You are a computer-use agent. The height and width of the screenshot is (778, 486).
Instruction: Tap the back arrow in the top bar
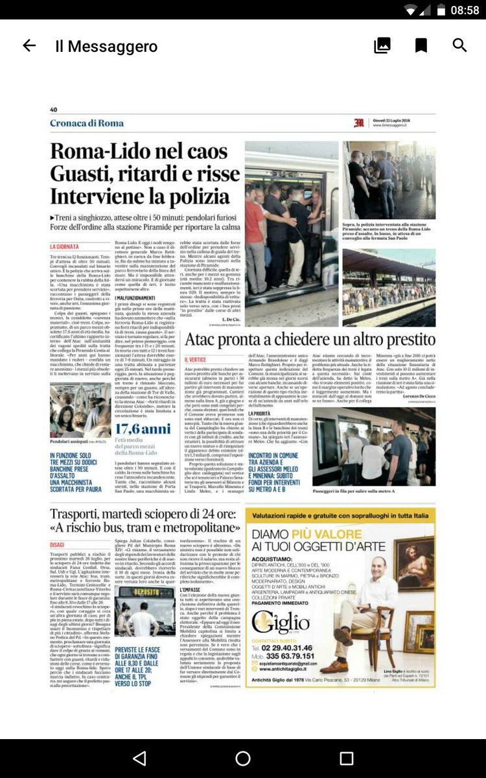(x=29, y=45)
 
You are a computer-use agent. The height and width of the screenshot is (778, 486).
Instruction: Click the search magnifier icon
(x=459, y=45)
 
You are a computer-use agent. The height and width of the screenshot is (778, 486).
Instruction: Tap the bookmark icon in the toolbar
(x=421, y=45)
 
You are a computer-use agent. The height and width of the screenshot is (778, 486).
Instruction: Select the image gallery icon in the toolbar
(x=382, y=45)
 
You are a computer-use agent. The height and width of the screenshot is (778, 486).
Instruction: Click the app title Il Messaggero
(x=106, y=46)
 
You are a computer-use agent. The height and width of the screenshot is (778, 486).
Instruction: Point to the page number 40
(x=53, y=110)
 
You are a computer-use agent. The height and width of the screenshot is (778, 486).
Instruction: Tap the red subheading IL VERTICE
(x=196, y=360)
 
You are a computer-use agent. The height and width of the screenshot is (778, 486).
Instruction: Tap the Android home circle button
(x=243, y=759)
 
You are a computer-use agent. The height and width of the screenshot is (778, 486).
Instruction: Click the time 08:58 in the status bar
(x=464, y=10)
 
